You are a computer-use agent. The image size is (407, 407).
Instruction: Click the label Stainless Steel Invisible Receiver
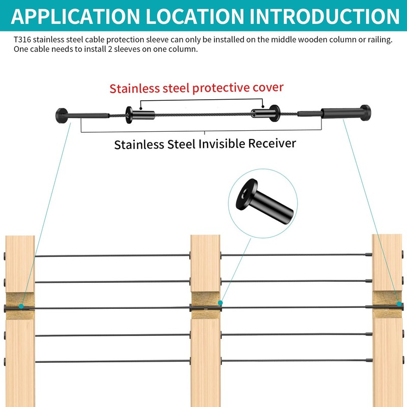205,144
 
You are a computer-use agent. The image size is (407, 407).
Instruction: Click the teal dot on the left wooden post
21,306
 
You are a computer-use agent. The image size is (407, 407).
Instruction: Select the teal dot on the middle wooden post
221,303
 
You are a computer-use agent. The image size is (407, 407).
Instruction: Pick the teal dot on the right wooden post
399,304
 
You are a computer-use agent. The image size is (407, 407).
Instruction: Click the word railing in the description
380,40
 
